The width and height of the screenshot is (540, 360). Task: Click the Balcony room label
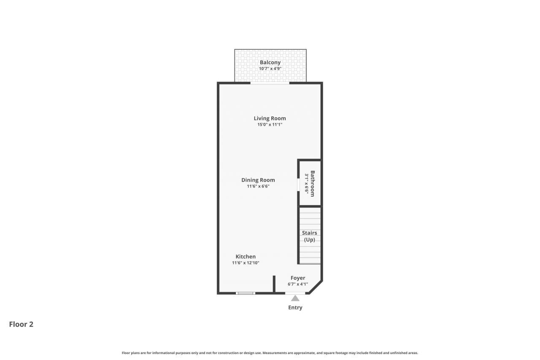pos(270,62)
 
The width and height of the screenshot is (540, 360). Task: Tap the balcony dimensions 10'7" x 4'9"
pos(270,68)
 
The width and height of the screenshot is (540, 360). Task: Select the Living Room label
pos(270,118)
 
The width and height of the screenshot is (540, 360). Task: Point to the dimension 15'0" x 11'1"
pos(270,125)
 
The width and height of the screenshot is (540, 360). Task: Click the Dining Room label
pos(258,180)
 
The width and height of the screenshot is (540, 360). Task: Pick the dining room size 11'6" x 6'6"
pos(258,186)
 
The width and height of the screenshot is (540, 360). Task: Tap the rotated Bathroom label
pos(313,184)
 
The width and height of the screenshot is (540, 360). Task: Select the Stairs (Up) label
pos(309,236)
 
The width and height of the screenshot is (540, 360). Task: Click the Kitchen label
pos(246,257)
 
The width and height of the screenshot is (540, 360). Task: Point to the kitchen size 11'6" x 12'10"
pos(246,263)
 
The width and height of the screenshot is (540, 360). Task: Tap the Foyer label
pos(298,278)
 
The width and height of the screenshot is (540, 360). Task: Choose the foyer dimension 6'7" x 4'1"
pos(298,284)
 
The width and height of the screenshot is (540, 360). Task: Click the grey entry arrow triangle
pos(295,298)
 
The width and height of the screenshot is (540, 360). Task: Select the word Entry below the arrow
pos(295,308)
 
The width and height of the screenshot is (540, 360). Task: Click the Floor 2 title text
pos(21,324)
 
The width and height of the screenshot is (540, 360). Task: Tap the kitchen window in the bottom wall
pos(246,293)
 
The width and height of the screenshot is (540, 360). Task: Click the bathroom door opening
pos(298,185)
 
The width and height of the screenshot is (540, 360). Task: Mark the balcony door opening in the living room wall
pos(270,83)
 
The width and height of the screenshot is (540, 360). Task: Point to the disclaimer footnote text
pos(270,353)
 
